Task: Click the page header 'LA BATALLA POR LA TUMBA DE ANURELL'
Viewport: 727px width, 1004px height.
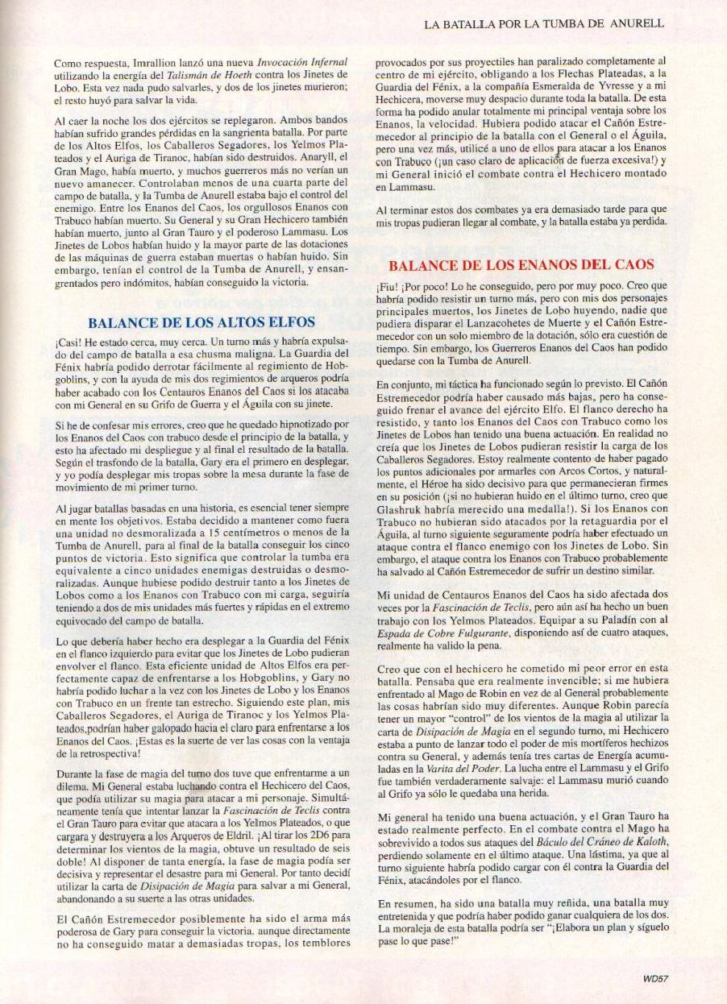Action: click(x=543, y=24)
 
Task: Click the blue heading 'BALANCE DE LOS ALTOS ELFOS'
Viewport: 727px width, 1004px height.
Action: click(x=185, y=322)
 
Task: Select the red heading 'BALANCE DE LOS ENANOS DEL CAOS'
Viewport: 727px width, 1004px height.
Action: click(x=521, y=264)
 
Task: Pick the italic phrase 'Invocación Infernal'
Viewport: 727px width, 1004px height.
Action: click(x=301, y=61)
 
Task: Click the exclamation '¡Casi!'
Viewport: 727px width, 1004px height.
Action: click(x=69, y=341)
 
